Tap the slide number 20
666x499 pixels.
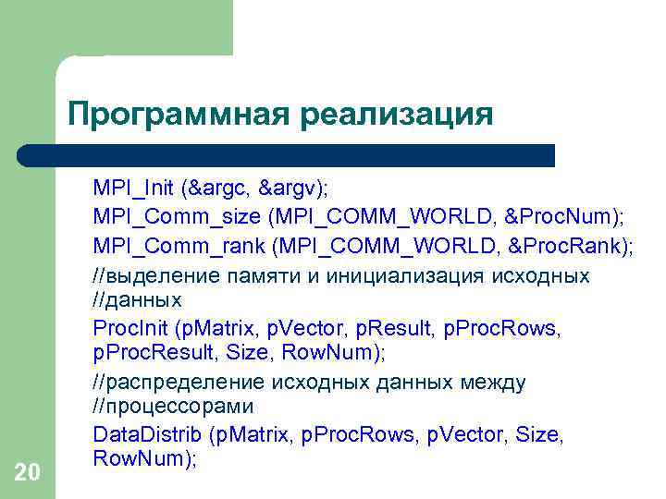click(28, 473)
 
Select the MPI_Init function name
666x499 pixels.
click(133, 189)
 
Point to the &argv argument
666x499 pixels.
click(290, 189)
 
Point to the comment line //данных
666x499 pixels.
click(137, 299)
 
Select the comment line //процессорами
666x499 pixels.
click(173, 407)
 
